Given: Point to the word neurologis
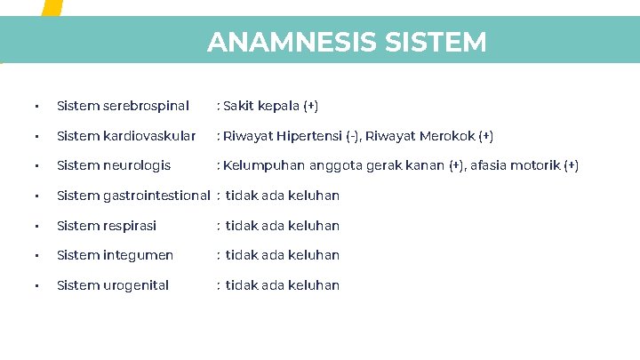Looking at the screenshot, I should [x=138, y=165].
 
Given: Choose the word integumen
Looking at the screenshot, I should [x=139, y=255].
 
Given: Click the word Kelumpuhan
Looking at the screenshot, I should [x=264, y=165].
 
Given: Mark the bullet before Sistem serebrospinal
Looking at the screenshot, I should [x=35, y=107].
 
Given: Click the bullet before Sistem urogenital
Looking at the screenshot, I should [x=35, y=286].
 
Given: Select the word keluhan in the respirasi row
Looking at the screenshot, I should [x=314, y=226].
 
